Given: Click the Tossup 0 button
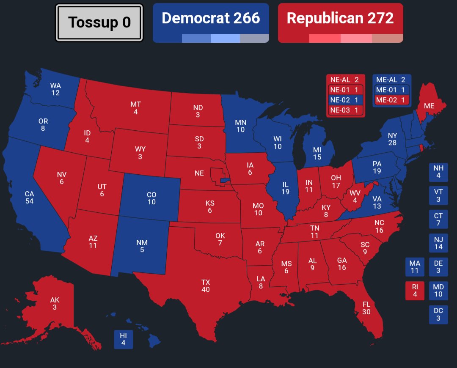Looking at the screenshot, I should coord(99,23).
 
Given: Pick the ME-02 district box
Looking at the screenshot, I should coord(392,100).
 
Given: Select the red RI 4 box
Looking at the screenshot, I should coord(415,291).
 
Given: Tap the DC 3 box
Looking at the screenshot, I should coord(438,315).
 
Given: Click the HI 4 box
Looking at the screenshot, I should coord(123,339).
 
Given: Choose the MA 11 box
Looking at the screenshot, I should coord(415,267).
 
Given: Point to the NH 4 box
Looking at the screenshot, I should coord(438,172).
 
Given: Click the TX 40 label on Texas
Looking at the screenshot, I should coord(206,286).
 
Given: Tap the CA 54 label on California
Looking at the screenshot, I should coord(29,198).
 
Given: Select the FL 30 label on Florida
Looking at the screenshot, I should coord(366,308).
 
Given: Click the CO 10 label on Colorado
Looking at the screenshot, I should coord(151,198).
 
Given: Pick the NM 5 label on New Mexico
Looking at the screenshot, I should coord(142,246).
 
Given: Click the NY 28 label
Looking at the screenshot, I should coord(392,139).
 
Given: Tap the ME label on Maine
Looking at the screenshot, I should coord(429,106).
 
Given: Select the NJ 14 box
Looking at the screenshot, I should coord(438,243).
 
